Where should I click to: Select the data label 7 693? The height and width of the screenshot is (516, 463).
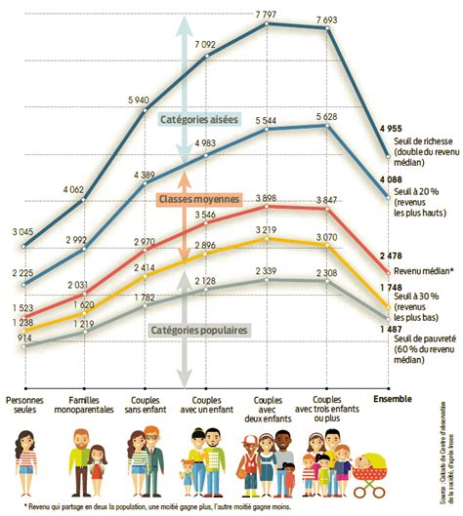click(x=328, y=20)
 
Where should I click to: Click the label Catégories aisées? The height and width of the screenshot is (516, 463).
click(x=197, y=119)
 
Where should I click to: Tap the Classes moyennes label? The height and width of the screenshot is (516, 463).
click(x=198, y=199)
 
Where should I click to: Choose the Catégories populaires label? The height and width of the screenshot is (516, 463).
click(x=197, y=331)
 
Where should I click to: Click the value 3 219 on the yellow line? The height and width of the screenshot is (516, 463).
click(x=267, y=230)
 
